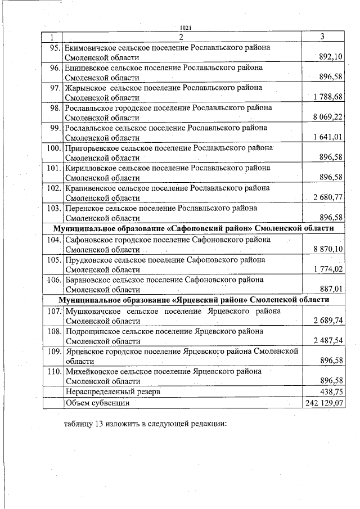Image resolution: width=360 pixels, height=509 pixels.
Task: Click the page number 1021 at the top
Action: (x=185, y=28)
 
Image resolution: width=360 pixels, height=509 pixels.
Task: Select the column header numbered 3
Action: (x=322, y=37)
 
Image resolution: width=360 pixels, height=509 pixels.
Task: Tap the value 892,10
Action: (x=331, y=57)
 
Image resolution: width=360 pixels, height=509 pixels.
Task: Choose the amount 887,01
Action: (x=331, y=289)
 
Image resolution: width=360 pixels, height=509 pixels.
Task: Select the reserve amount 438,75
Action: (x=331, y=391)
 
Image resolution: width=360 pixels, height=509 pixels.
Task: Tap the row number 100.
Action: (x=54, y=147)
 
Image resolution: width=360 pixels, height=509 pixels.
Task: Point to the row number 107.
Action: (x=54, y=310)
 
